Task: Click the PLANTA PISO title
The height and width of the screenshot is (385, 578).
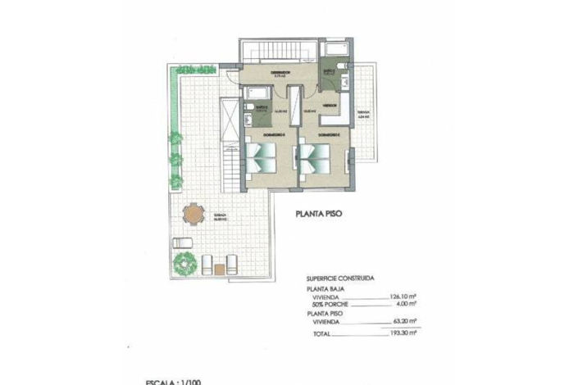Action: [318, 216]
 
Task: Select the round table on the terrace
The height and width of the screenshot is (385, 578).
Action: [193, 214]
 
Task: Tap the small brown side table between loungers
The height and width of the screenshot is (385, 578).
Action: [220, 269]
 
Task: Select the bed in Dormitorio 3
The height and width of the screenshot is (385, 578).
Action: [265, 155]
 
